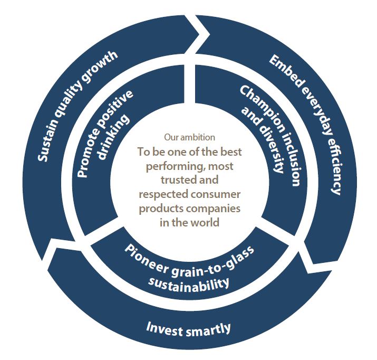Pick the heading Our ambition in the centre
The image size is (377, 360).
coord(189,137)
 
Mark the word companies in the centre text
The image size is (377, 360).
coord(216,209)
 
